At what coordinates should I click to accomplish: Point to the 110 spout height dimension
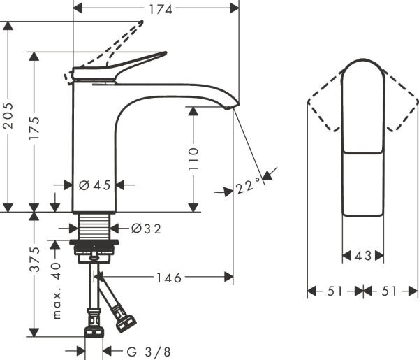tap(193, 159)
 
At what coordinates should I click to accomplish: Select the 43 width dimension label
tap(362, 256)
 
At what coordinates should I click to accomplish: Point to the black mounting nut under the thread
tap(94, 245)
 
